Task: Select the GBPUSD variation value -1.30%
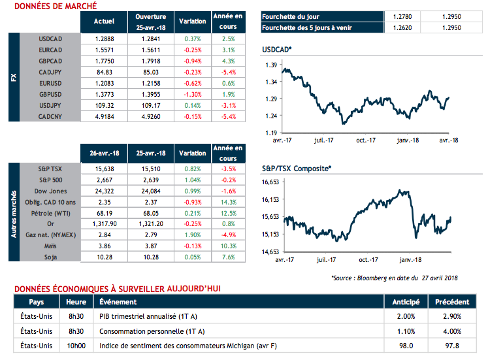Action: tap(192, 95)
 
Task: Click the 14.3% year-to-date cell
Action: tap(229, 202)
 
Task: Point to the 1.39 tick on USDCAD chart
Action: tap(270, 65)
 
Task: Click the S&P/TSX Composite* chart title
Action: tap(296, 169)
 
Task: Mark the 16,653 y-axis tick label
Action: tap(270, 183)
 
